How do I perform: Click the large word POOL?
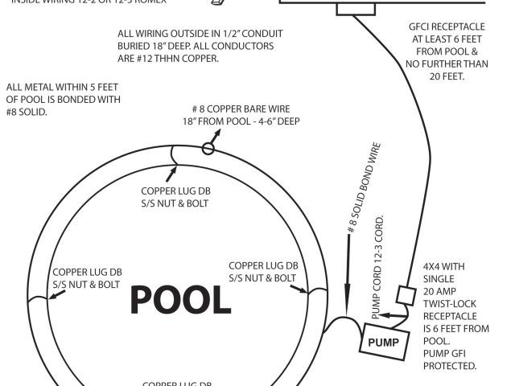[181, 300]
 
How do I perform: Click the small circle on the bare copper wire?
[208, 147]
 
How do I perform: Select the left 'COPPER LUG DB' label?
[87, 273]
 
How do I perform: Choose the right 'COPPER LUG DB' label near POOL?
[263, 265]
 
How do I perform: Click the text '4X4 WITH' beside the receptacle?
[443, 266]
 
